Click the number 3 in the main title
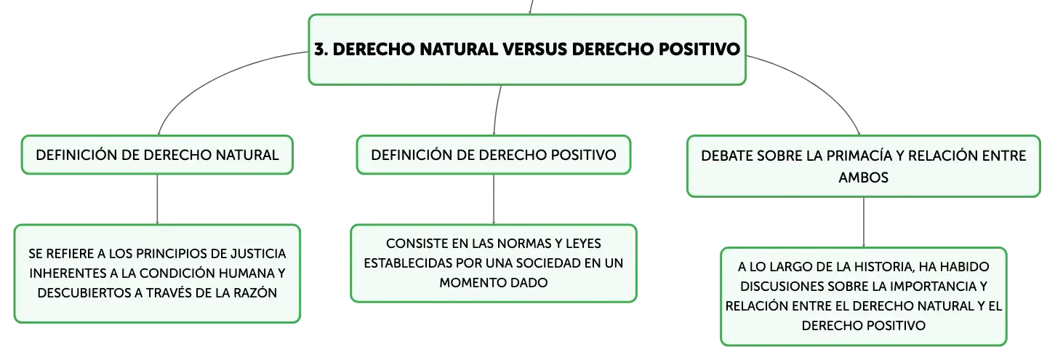click(320, 49)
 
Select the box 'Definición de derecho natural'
click(157, 155)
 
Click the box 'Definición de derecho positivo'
click(494, 155)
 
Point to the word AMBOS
click(863, 177)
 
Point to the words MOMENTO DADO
click(494, 283)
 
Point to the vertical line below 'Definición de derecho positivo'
click(494, 199)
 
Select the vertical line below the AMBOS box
click(863, 222)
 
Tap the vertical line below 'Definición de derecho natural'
click(157, 199)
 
